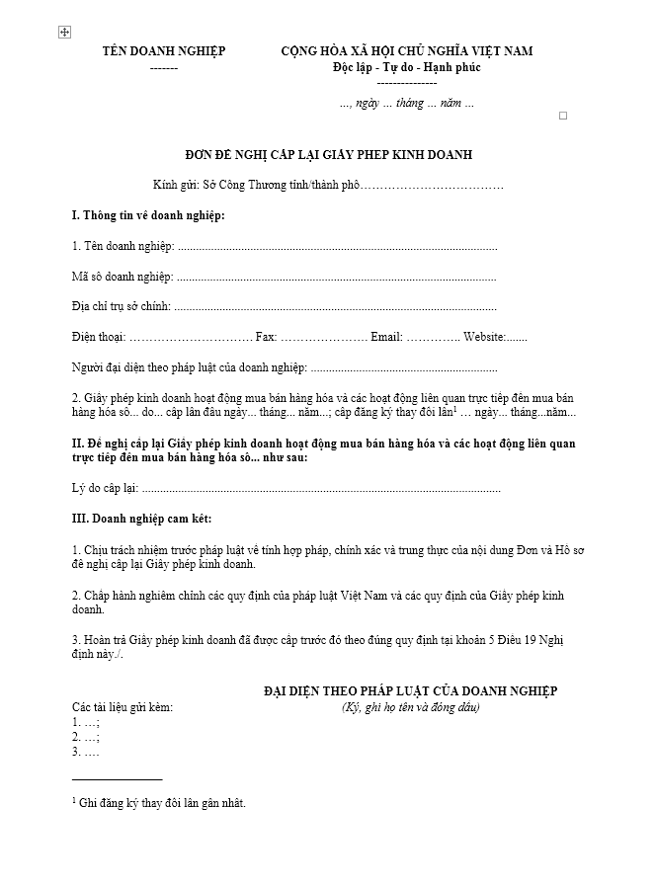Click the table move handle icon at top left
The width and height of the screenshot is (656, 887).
[x=64, y=33]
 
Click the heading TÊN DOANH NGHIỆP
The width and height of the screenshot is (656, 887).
[x=164, y=51]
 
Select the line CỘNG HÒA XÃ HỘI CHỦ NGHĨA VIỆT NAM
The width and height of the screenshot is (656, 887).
[x=406, y=51]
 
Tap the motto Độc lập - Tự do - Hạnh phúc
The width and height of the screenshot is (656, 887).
[x=406, y=67]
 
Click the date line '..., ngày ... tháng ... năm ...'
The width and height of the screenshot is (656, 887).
[x=406, y=103]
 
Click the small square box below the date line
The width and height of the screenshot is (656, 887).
[x=563, y=116]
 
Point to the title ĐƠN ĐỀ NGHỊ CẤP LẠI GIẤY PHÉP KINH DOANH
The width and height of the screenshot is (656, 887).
[x=328, y=154]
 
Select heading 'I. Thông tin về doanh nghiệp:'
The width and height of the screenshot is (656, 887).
[x=148, y=215]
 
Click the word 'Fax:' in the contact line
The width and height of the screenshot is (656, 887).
[x=266, y=337]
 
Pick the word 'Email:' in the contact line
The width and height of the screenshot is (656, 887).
[x=386, y=337]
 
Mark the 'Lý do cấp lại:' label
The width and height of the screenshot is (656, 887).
[x=106, y=488]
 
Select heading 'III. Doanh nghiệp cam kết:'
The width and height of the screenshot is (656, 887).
[x=141, y=519]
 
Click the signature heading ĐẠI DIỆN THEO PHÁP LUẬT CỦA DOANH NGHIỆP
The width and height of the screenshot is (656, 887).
[x=410, y=691]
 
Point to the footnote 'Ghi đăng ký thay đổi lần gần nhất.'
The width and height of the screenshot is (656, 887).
[x=162, y=803]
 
